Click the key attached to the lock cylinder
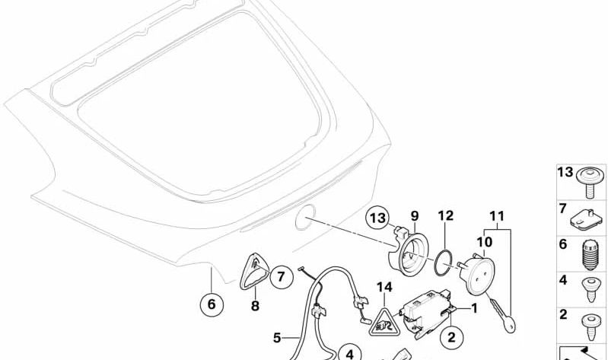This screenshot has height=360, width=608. click(502, 314)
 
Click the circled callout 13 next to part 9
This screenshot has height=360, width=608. click(378, 218)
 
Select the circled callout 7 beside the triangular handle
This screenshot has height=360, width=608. click(281, 276)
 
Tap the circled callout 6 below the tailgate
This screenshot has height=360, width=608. click(212, 304)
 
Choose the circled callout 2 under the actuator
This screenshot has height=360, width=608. click(452, 337)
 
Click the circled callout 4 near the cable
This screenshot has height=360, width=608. click(350, 354)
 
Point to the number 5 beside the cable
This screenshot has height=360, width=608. click(277, 337)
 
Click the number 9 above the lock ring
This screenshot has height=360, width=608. click(415, 215)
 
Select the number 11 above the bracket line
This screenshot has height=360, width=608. click(497, 216)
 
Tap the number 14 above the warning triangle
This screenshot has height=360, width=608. click(384, 287)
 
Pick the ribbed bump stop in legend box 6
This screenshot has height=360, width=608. click(590, 255)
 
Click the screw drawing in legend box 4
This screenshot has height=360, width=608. click(591, 290)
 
